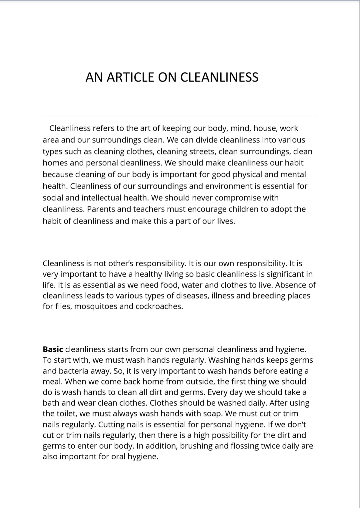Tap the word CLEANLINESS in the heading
pyautogui.click(x=219, y=77)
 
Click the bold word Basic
pyautogui.click(x=53, y=349)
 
